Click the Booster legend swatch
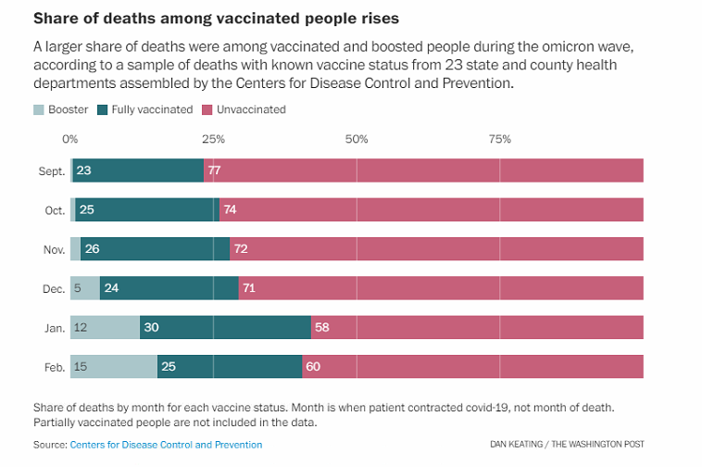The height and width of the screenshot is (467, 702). pos(38,109)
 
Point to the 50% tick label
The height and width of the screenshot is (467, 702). pos(357,139)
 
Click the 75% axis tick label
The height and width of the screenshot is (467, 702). pos(499,139)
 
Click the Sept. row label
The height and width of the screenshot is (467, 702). pos(52,170)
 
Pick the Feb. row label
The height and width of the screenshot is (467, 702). pos(55,367)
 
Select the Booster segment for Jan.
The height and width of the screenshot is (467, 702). pos(105,327)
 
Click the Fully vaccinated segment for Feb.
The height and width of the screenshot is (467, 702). pos(230,367)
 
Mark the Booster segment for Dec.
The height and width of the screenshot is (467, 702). pos(85,288)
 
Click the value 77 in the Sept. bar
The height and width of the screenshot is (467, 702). pos(214,170)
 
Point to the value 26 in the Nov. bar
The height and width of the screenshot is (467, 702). pos(93,249)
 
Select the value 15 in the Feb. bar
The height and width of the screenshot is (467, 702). pos(81,367)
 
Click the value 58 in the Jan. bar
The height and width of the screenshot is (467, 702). pos(322,327)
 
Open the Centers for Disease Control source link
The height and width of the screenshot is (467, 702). pos(166,445)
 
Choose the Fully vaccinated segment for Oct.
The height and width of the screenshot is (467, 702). pos(146,209)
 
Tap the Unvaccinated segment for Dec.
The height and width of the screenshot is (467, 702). pos(441,288)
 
